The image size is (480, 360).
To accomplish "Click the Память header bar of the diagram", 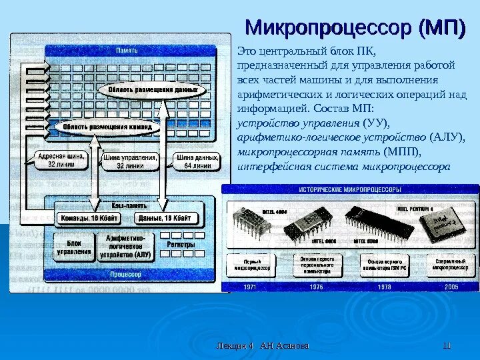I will [127, 51].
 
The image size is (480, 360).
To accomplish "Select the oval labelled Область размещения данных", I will [148, 89].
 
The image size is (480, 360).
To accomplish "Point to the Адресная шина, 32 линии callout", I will [59, 161].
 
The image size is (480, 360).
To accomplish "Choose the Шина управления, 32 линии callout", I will [130, 161].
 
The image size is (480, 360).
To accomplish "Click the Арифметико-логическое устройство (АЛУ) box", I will [126, 245].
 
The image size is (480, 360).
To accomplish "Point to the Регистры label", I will [181, 245].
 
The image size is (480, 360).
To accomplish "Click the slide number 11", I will [447, 345].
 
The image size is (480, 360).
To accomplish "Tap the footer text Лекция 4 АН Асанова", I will [263, 345].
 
